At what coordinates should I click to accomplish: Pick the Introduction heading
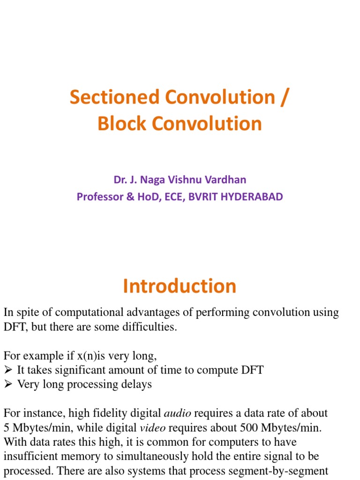pos(180,286)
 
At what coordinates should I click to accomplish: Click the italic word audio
pos(177,413)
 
